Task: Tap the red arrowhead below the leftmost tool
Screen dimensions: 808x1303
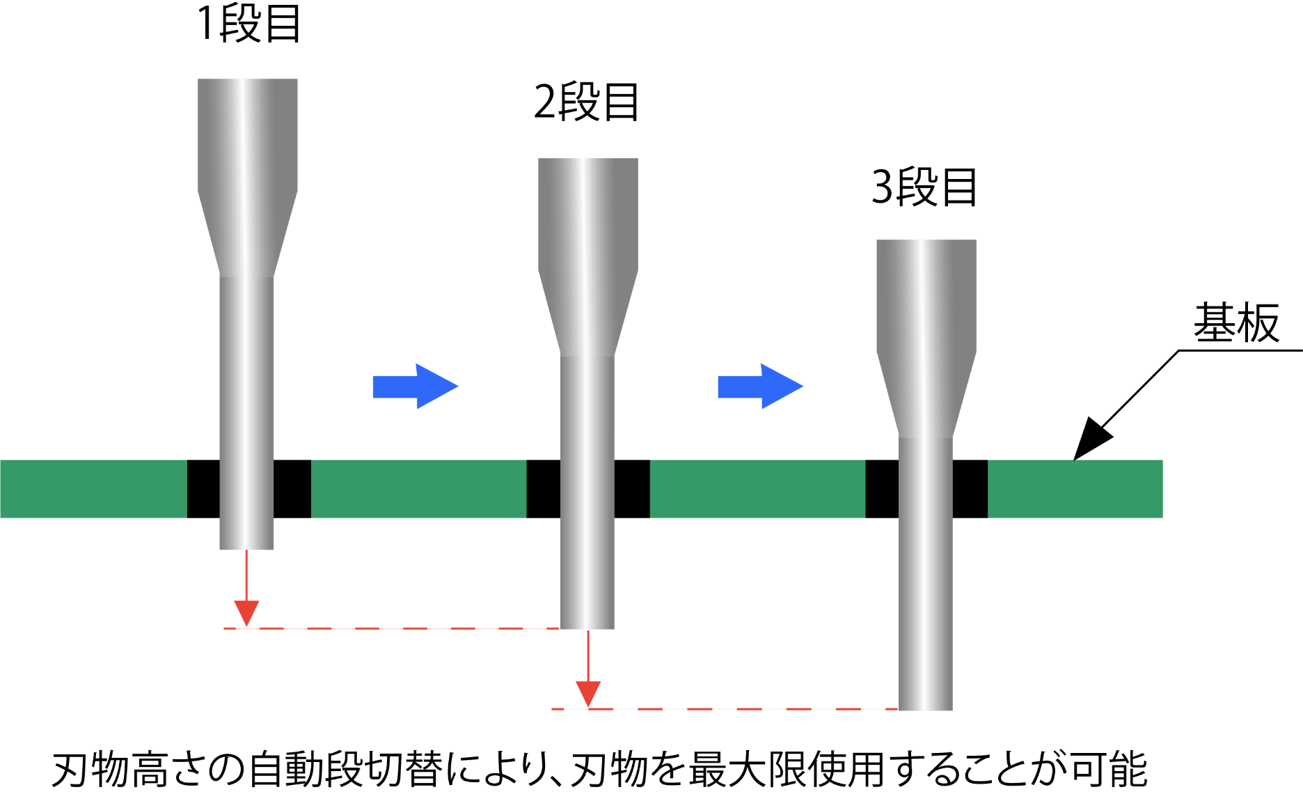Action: (246, 613)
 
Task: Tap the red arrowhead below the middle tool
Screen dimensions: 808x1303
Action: (588, 694)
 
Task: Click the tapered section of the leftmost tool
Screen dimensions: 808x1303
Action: (247, 234)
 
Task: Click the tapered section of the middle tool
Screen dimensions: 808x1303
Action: (587, 314)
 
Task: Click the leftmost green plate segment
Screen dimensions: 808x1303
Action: (93, 488)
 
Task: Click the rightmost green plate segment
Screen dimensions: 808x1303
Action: (1075, 488)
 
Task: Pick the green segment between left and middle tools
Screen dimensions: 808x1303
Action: (418, 488)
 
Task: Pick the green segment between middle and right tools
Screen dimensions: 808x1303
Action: (757, 488)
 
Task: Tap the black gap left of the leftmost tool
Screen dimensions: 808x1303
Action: (203, 488)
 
